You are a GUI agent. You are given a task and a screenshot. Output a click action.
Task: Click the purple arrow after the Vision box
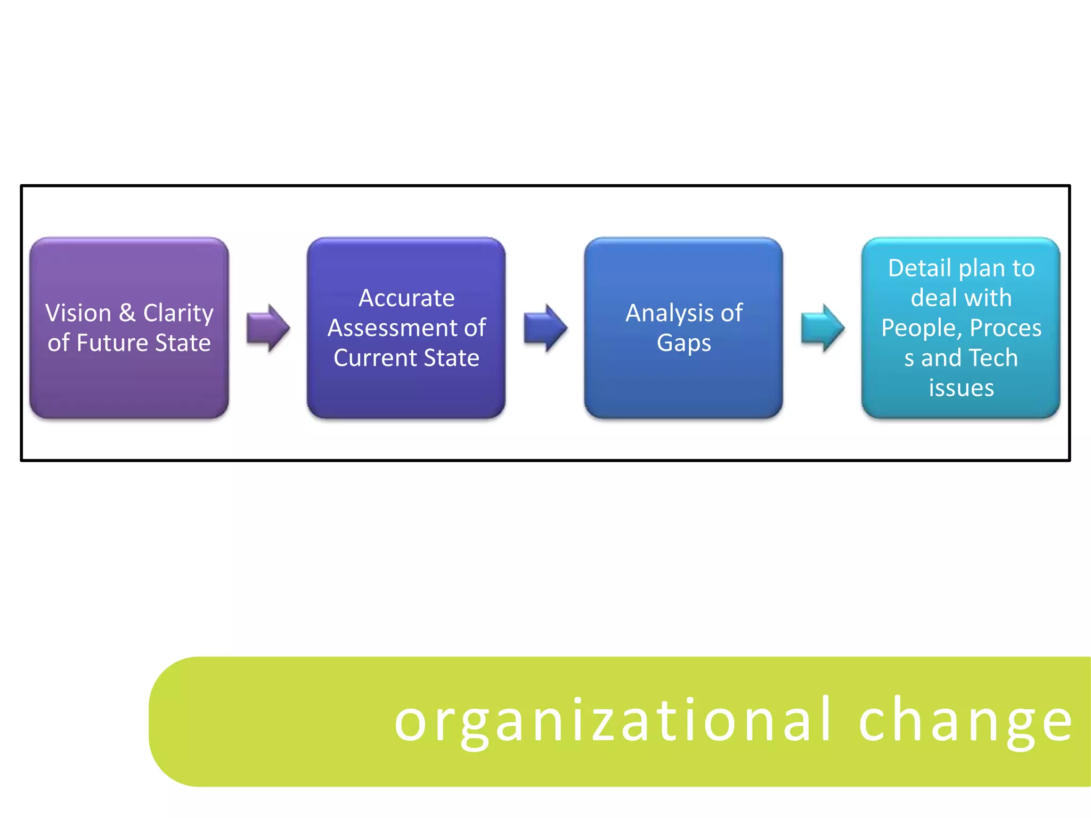pyautogui.click(x=268, y=328)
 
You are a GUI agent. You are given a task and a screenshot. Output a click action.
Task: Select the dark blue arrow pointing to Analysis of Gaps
pyautogui.click(x=545, y=328)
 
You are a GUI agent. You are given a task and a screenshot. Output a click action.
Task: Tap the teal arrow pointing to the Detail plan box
pyautogui.click(x=822, y=328)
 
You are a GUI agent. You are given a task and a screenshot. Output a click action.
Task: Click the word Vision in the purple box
pyautogui.click(x=78, y=313)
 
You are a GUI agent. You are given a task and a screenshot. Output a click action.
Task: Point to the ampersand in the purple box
pyautogui.click(x=127, y=313)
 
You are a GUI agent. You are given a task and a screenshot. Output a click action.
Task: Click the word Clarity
pyautogui.click(x=178, y=313)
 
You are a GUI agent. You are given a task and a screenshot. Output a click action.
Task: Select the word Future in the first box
pyautogui.click(x=112, y=343)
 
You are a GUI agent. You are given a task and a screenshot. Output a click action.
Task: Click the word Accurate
pyautogui.click(x=406, y=298)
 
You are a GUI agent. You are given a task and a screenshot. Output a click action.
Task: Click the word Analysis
pyautogui.click(x=670, y=313)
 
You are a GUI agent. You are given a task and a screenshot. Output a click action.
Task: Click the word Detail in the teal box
pyautogui.click(x=919, y=268)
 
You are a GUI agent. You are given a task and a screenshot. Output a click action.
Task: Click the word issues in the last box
pyautogui.click(x=961, y=388)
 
